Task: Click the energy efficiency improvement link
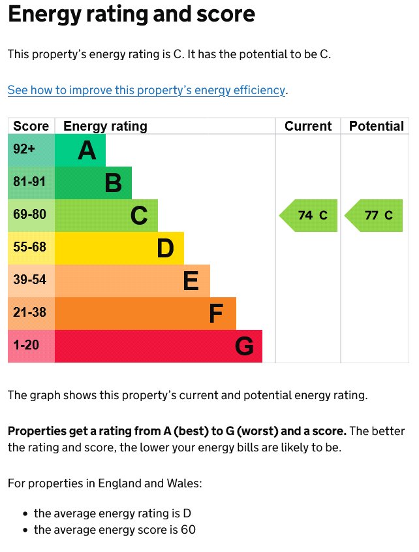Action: coord(146,90)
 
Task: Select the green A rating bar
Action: coord(80,150)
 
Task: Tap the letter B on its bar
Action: coord(114,183)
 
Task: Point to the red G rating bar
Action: coord(158,346)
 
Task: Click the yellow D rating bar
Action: coord(119,248)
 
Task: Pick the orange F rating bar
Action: coord(145,314)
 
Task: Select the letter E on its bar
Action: coord(191,281)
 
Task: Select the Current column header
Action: coord(308,126)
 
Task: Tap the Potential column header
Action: coord(376,126)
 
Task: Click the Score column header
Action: coord(31,126)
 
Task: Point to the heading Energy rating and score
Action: coord(131,14)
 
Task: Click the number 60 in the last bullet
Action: coord(189,530)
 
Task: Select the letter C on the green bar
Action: coord(140,216)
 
